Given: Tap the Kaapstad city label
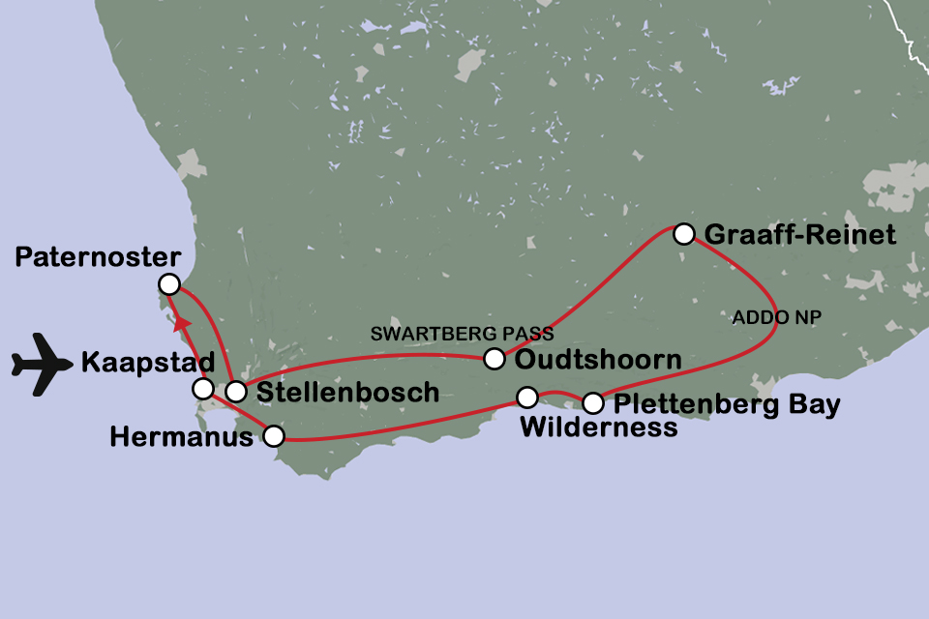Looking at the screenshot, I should (148, 364).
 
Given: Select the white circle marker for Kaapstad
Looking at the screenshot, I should (203, 389).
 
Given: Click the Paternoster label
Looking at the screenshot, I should (99, 257).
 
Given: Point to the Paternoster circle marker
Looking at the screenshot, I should (169, 283).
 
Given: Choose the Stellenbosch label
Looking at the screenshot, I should (347, 393).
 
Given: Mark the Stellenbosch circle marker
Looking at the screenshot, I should (236, 392).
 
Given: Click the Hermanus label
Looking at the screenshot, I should (181, 437).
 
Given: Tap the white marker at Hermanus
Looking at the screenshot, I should (275, 436).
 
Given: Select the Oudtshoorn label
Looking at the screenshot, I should (598, 360).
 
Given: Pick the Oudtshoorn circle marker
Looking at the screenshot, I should (494, 359).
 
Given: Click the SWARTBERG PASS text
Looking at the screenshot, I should (463, 335).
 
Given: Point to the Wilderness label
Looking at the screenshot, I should (599, 427).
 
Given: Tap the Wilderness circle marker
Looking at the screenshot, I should (527, 397).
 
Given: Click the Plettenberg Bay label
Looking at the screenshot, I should (727, 404).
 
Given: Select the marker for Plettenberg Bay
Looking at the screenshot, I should (592, 402).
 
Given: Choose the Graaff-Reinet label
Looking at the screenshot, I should (800, 235).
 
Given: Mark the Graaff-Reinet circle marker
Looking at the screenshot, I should (683, 233).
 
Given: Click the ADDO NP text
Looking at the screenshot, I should (770, 316).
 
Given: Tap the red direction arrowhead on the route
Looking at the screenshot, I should (182, 322).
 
